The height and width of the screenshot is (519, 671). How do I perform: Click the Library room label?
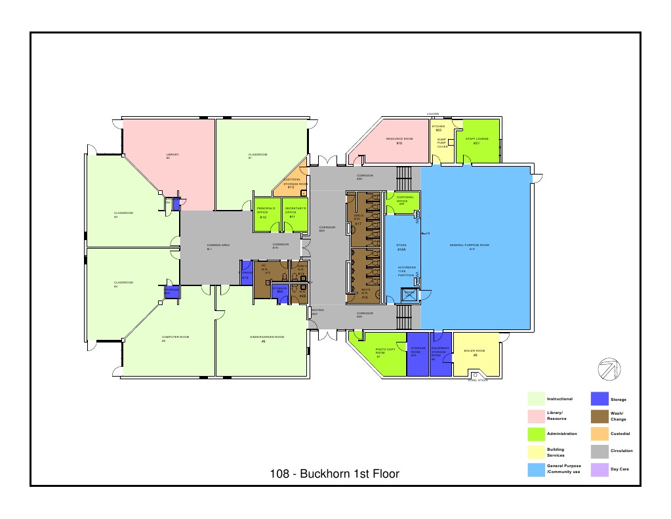pos(168,156)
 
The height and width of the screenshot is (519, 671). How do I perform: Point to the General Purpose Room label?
pos(470,247)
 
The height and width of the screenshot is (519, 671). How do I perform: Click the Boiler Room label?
pos(475,352)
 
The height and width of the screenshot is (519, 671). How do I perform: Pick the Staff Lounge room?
pos(477,140)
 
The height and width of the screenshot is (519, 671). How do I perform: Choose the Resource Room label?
pos(399,140)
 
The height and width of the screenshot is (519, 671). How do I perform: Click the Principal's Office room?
pos(263,213)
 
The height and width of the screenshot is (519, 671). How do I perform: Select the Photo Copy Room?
pos(384,353)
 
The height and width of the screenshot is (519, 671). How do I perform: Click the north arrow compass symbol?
pos(610,369)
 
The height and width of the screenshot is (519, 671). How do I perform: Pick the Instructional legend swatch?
pos(537,398)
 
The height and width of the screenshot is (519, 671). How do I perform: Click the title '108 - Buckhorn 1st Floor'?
pos(335,474)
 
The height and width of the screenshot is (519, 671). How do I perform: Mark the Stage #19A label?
pos(401,247)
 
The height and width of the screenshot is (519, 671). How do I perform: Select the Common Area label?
pos(218,247)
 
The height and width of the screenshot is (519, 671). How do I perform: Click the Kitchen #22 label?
pos(439,128)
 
